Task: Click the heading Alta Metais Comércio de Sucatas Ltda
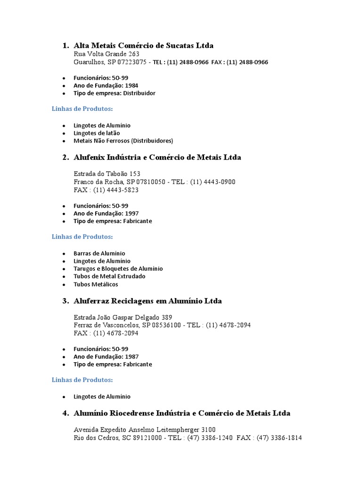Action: point(143,45)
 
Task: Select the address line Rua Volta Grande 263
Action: point(107,54)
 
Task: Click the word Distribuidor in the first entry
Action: point(139,93)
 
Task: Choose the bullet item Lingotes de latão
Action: point(97,133)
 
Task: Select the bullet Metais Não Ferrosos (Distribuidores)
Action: point(123,141)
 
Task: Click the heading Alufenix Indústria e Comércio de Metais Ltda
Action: point(157,158)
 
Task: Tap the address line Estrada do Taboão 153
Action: point(107,174)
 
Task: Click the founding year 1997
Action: point(132,213)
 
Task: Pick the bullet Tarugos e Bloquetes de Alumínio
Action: point(118,268)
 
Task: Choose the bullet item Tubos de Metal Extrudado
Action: point(109,276)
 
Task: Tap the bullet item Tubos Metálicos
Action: point(96,284)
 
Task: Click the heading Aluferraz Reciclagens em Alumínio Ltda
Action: point(148,301)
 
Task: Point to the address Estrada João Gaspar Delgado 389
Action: point(123,317)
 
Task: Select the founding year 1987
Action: point(132,357)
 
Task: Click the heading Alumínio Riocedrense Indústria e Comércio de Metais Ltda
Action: point(182,413)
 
